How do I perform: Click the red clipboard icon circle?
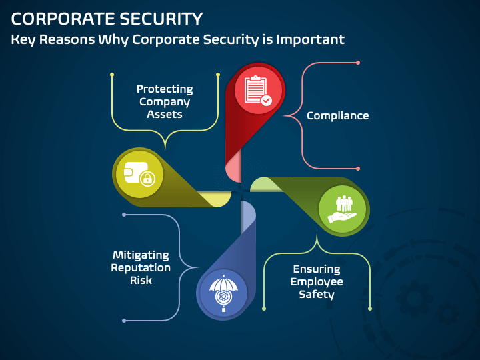pyautogui.click(x=257, y=90)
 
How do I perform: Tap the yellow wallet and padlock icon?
pyautogui.click(x=139, y=174)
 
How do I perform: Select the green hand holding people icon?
pyautogui.click(x=343, y=208)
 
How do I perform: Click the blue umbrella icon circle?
pyautogui.click(x=222, y=293)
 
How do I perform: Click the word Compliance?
pyautogui.click(x=337, y=116)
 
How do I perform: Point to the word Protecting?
pyautogui.click(x=165, y=89)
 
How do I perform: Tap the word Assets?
pyautogui.click(x=165, y=114)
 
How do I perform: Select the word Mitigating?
pyautogui.click(x=141, y=255)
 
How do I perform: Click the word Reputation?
pyautogui.click(x=141, y=268)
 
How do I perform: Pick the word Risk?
pyautogui.click(x=141, y=281)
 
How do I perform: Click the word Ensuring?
pyautogui.click(x=317, y=269)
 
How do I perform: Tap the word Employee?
pyautogui.click(x=317, y=282)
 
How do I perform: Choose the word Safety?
pyautogui.click(x=317, y=295)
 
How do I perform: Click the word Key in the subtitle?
pyautogui.click(x=25, y=39)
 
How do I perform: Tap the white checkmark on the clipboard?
pyautogui.click(x=267, y=101)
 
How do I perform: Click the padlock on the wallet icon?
pyautogui.click(x=147, y=178)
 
